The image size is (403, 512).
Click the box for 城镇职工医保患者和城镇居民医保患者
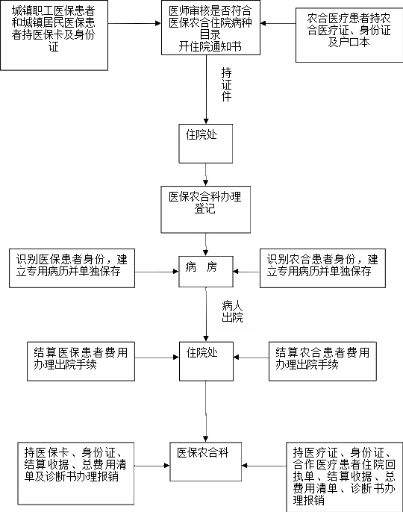tap(54, 35)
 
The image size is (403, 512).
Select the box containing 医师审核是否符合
tap(210, 28)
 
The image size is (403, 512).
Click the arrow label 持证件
tap(227, 84)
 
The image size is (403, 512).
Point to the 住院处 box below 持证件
tap(206, 143)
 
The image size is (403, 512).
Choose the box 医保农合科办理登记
tap(206, 209)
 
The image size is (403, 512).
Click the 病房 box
tap(206, 272)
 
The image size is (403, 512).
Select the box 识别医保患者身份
tap(72, 268)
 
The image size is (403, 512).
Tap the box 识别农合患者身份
tap(322, 268)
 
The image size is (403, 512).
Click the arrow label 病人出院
tap(232, 311)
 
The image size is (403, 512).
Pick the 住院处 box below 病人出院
tap(206, 361)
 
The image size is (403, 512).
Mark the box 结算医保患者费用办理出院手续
tap(81, 361)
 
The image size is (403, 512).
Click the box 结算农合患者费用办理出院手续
tap(322, 361)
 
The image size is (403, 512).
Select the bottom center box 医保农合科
tap(206, 462)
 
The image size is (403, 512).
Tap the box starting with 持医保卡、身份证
tap(76, 473)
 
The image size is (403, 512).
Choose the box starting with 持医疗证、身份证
tap(345, 477)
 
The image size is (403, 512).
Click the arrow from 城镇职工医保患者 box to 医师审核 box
tap(134, 23)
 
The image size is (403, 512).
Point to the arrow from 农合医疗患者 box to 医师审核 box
tap(278, 23)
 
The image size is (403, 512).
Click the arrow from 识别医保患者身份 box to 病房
tap(157, 272)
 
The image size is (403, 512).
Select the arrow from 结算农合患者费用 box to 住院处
tap(252, 358)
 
